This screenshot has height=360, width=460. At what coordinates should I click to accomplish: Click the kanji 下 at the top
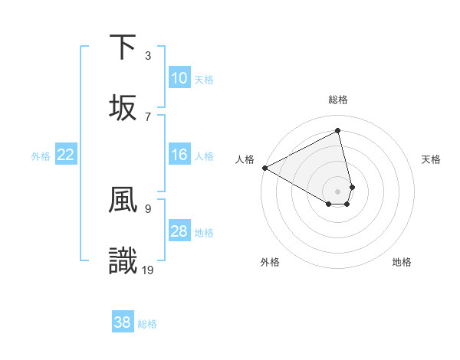(123, 47)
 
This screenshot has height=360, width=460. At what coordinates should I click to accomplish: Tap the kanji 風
(123, 199)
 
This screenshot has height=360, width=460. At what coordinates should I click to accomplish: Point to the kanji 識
(123, 260)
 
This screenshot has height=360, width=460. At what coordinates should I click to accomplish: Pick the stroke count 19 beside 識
(149, 269)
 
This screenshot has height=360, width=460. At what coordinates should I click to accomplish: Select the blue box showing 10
(179, 78)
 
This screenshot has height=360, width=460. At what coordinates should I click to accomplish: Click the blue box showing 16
(179, 155)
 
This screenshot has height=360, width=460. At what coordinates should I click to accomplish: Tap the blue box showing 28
(179, 231)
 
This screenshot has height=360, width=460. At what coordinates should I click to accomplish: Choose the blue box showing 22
(66, 155)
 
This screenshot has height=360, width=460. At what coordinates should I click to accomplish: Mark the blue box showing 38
(122, 322)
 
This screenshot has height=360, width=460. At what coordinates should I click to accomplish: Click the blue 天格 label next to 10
(204, 79)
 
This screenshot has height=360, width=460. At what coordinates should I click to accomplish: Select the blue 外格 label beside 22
(41, 155)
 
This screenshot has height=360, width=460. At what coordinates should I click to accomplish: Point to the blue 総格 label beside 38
(147, 323)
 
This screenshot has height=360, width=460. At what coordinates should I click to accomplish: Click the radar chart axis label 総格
(338, 100)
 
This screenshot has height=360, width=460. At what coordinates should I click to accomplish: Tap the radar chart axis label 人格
(245, 159)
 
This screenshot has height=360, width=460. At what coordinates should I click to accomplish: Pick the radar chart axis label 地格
(402, 262)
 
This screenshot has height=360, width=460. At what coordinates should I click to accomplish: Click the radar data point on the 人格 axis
(264, 167)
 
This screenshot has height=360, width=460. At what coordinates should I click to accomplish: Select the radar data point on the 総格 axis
(338, 130)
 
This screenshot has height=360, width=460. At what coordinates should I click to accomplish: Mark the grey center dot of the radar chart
(338, 191)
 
